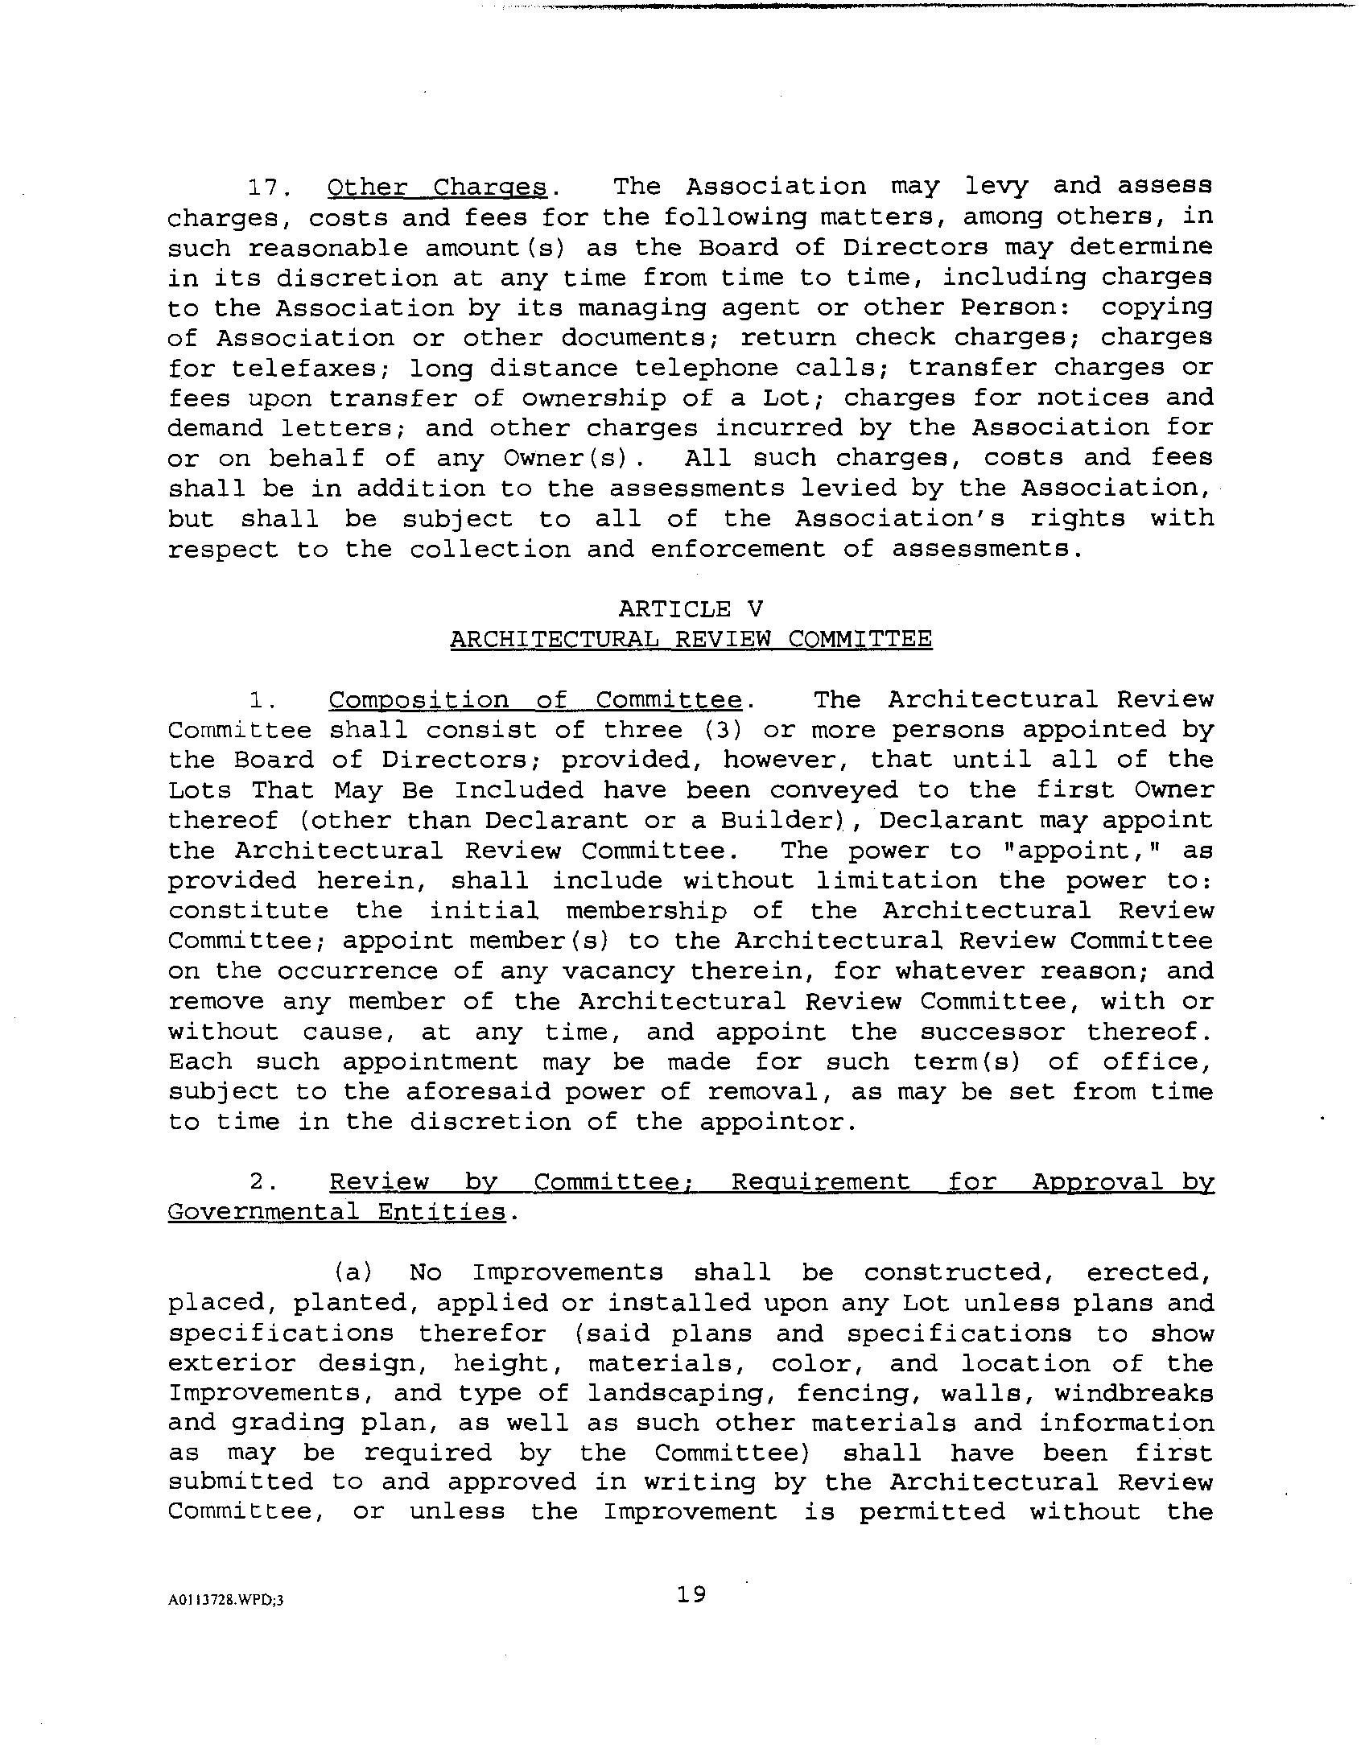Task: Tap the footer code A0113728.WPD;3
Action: [226, 1601]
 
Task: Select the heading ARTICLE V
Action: [691, 608]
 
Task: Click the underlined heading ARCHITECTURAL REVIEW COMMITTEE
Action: [691, 639]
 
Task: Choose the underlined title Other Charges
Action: [437, 188]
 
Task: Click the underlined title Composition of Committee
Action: [535, 700]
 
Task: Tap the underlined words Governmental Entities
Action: [337, 1212]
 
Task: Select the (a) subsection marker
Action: [353, 1272]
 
